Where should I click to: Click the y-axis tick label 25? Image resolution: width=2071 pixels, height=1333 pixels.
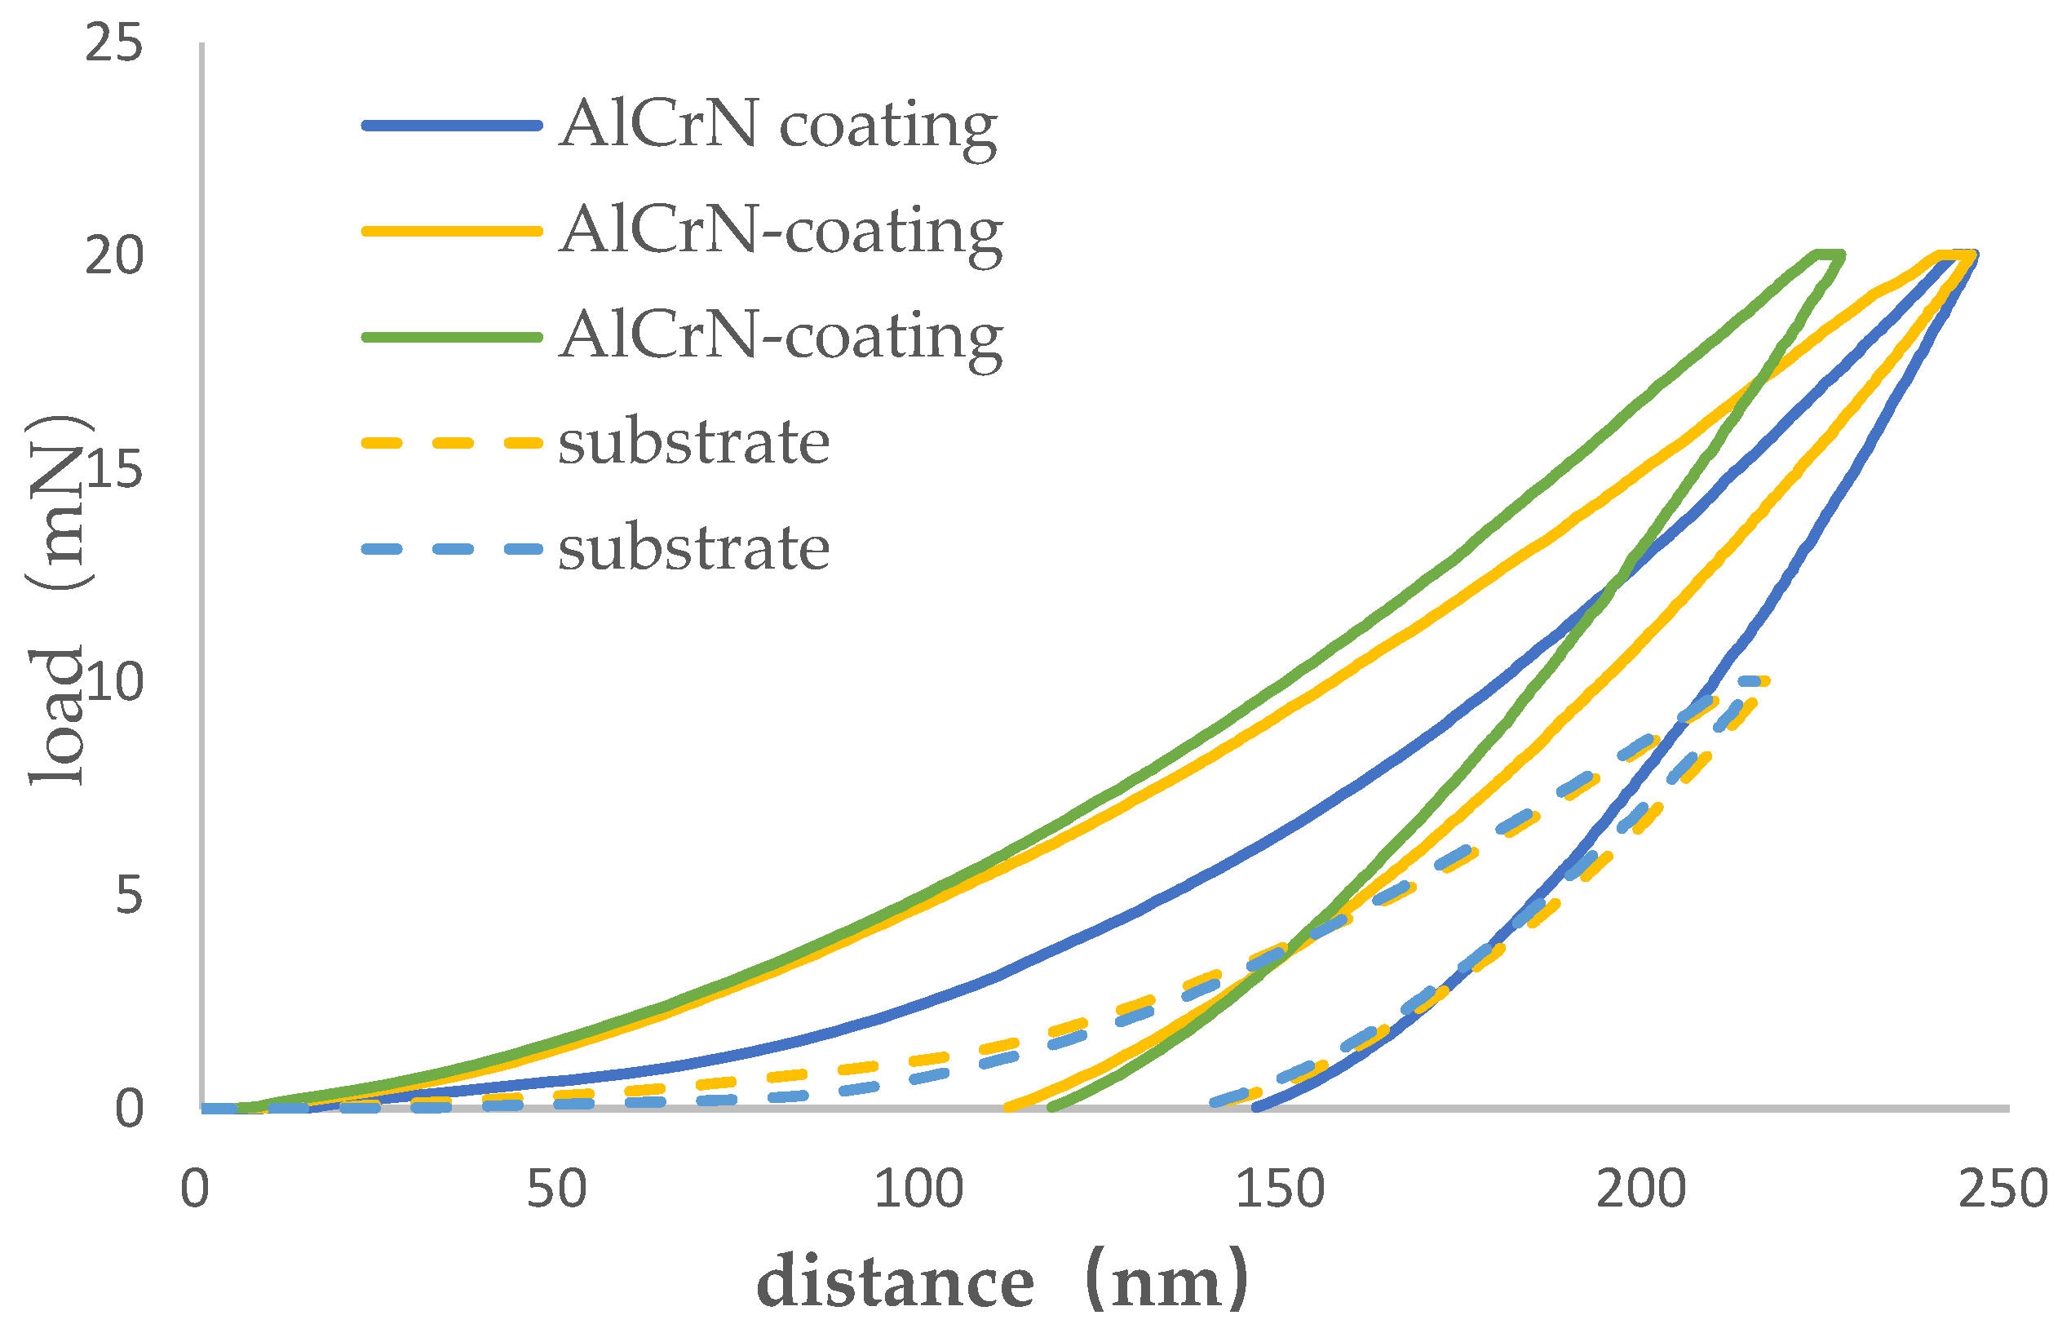[x=113, y=43]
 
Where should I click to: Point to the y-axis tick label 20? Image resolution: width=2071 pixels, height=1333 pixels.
[x=113, y=256]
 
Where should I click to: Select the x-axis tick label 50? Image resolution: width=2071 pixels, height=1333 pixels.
[x=556, y=1189]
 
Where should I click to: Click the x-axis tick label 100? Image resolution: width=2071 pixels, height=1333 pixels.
[x=918, y=1189]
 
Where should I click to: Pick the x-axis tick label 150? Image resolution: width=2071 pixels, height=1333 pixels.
[x=1279, y=1189]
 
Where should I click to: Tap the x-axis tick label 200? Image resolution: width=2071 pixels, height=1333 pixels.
[x=1641, y=1189]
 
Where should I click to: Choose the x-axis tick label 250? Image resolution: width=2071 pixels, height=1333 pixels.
[x=2002, y=1189]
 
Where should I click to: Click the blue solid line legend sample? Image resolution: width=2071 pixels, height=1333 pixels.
[x=452, y=126]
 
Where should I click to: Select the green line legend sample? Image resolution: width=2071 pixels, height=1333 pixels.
[x=452, y=337]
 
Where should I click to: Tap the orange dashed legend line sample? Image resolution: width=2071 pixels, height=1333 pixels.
[x=452, y=443]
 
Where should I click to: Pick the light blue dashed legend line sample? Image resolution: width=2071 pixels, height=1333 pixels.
[x=452, y=549]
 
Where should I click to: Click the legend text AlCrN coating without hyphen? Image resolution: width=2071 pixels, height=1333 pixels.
[x=777, y=126]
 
